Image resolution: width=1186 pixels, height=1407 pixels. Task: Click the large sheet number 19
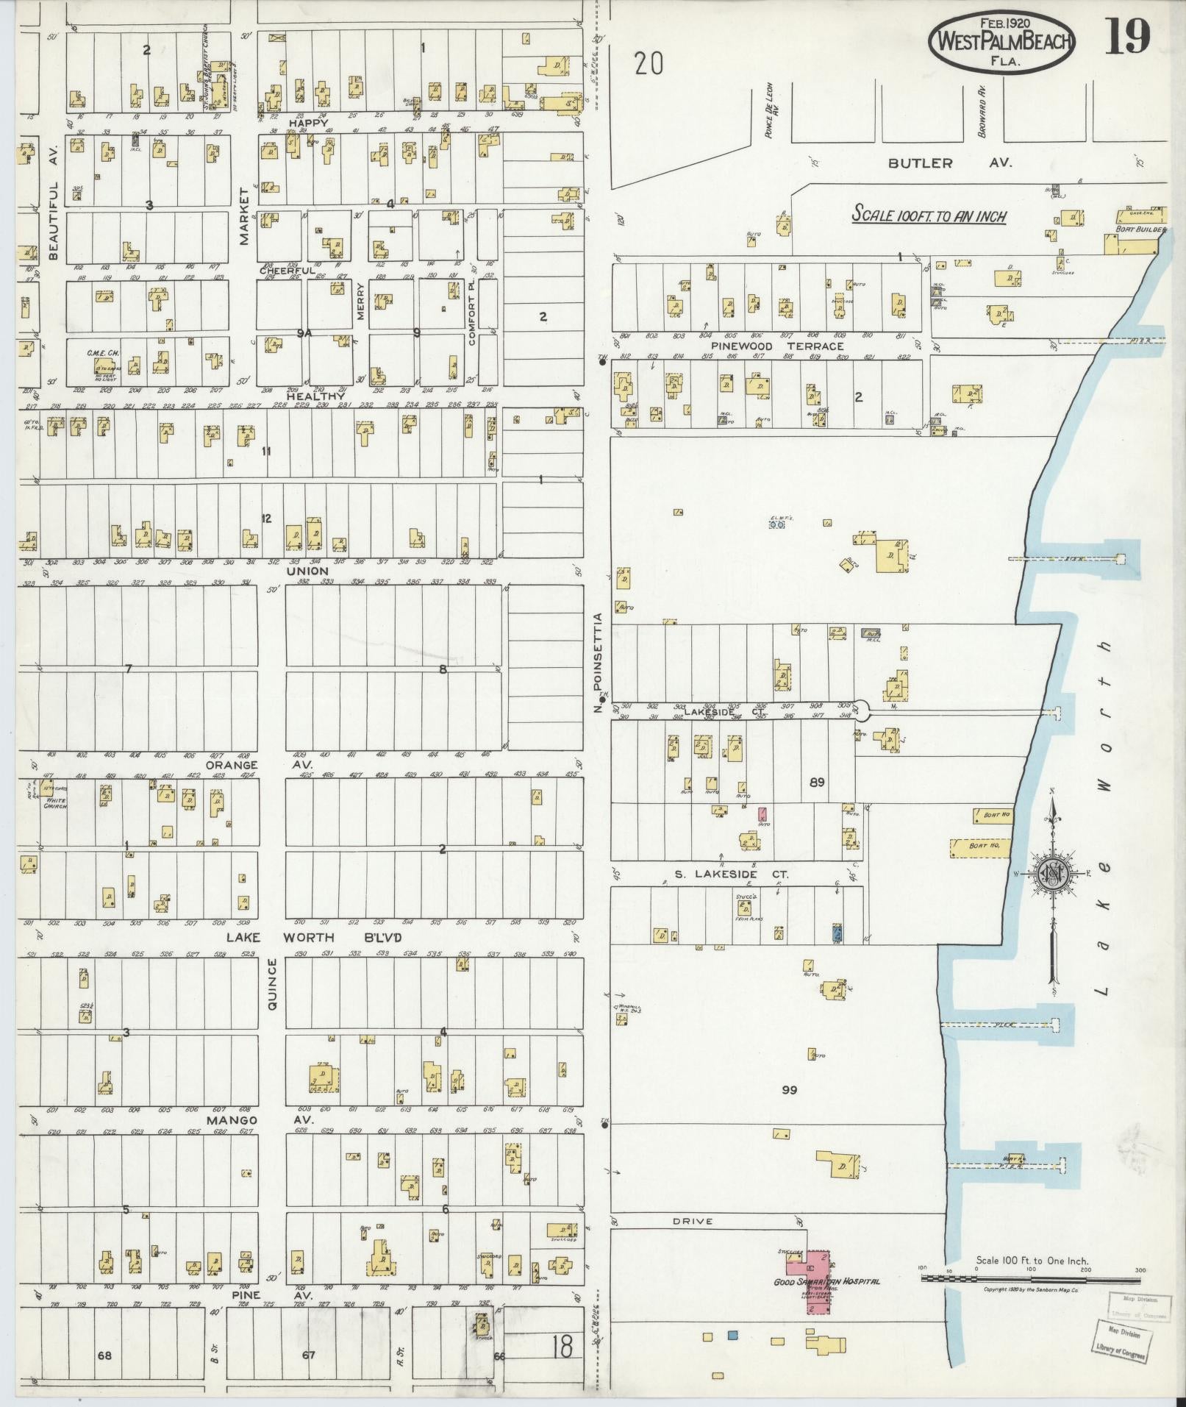1127,38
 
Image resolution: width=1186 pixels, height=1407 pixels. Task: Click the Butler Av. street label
950,163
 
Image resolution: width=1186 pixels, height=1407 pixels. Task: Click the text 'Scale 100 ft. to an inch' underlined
929,217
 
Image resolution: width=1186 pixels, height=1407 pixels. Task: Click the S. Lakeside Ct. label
732,875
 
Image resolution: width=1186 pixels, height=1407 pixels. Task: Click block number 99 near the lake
790,1089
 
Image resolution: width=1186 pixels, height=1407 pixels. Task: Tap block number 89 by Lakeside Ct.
816,783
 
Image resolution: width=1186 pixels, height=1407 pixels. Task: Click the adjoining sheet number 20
649,65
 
